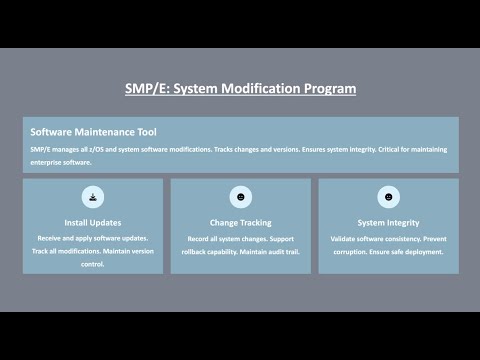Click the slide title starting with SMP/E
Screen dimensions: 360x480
pyautogui.click(x=240, y=88)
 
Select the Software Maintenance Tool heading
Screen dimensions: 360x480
pyautogui.click(x=93, y=132)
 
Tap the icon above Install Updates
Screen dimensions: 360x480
pyautogui.click(x=92, y=196)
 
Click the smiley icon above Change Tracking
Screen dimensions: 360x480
pyautogui.click(x=240, y=196)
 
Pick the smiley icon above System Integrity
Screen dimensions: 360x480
pyautogui.click(x=388, y=196)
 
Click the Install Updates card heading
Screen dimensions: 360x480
pyautogui.click(x=92, y=222)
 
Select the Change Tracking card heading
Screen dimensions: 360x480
pyautogui.click(x=240, y=222)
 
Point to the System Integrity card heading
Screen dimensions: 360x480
pyautogui.click(x=388, y=222)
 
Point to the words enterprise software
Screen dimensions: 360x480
pyautogui.click(x=61, y=161)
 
